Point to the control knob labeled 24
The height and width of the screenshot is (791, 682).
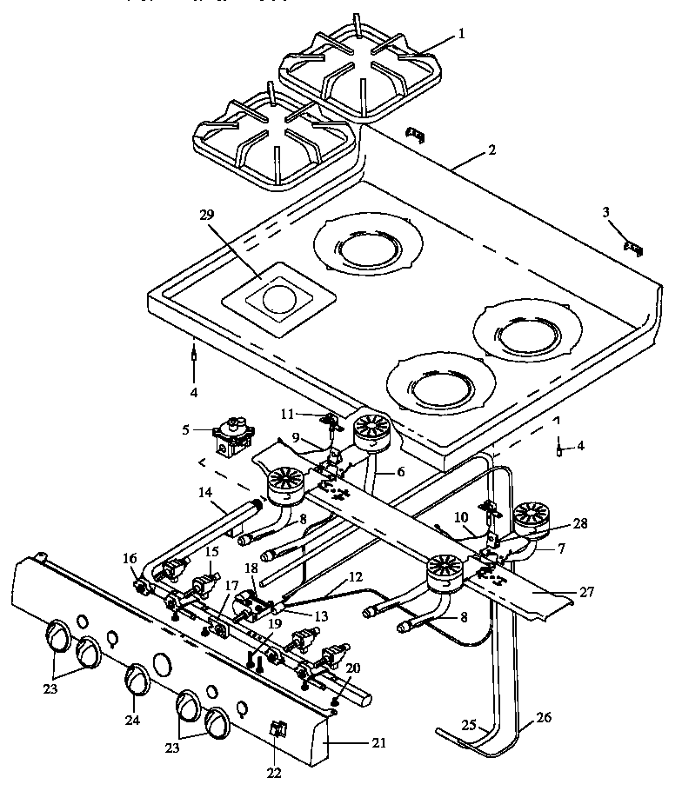136,678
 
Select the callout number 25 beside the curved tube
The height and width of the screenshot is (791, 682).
468,724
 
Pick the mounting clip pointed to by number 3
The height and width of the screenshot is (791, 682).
633,249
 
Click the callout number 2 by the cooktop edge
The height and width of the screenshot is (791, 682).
491,150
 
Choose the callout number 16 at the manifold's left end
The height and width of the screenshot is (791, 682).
130,558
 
